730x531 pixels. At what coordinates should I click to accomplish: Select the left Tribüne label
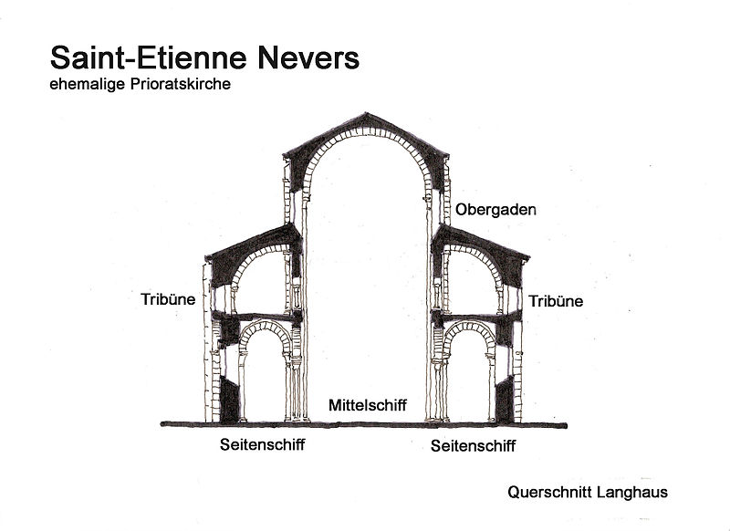pos(168,298)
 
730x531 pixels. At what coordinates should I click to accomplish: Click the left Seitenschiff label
pos(262,446)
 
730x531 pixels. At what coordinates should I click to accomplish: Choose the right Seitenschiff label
pos(473,446)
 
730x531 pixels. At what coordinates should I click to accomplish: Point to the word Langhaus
pos(635,492)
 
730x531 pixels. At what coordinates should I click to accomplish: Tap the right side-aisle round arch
pos(468,328)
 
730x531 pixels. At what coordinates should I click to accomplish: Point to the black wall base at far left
pos(229,397)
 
